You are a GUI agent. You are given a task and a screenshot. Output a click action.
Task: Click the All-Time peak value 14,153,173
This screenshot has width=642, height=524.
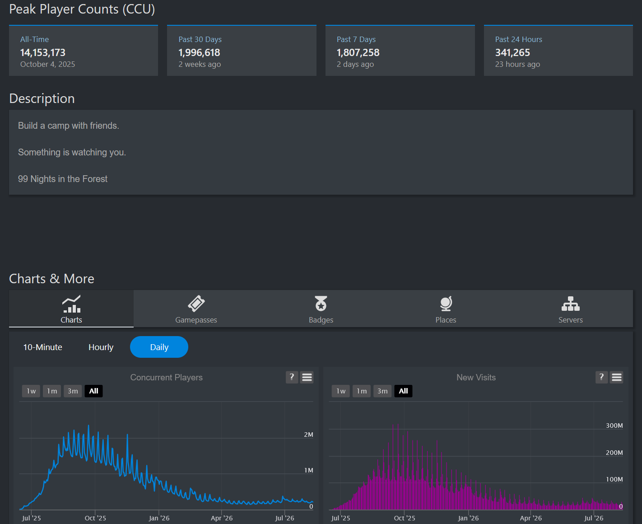click(x=42, y=53)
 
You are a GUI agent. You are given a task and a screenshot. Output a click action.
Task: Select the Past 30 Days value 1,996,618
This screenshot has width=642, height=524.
click(x=199, y=53)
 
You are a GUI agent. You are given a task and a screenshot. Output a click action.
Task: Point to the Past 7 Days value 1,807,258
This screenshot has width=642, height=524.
click(x=358, y=53)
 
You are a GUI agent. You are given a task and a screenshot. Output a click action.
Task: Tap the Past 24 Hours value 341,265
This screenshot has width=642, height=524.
click(x=512, y=53)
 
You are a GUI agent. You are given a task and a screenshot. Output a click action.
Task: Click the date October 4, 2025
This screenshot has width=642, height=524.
click(x=47, y=64)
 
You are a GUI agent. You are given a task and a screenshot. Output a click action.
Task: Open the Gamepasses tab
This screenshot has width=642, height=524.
click(x=196, y=309)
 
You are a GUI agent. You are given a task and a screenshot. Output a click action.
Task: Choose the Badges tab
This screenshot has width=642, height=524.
click(x=321, y=309)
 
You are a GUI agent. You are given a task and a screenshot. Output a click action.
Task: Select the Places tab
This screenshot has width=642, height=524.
click(x=446, y=309)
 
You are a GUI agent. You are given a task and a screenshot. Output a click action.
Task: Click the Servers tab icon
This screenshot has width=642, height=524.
click(x=571, y=304)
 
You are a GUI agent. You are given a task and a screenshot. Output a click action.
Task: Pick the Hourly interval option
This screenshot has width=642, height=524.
click(x=101, y=347)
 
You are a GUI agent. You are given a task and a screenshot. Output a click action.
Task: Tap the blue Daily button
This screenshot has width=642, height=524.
click(x=159, y=347)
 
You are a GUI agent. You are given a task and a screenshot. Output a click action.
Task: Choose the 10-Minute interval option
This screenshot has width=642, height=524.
click(x=42, y=347)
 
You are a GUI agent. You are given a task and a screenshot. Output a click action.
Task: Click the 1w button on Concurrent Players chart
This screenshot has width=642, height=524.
click(x=31, y=391)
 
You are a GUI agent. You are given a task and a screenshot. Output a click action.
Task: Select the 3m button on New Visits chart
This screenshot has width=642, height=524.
click(x=382, y=391)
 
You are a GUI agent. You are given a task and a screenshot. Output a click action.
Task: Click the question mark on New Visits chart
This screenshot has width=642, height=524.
click(x=601, y=377)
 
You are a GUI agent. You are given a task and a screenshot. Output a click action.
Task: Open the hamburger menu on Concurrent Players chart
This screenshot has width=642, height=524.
click(x=307, y=377)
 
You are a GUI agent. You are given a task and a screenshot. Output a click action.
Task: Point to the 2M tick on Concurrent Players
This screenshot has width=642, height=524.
click(x=308, y=435)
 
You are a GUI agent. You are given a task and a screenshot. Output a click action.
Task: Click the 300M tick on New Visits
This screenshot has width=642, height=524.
click(x=614, y=426)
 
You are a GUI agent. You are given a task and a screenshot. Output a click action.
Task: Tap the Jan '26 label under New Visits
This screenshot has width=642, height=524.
click(x=468, y=518)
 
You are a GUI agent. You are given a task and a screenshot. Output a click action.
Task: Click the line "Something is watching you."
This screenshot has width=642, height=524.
click(x=72, y=152)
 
